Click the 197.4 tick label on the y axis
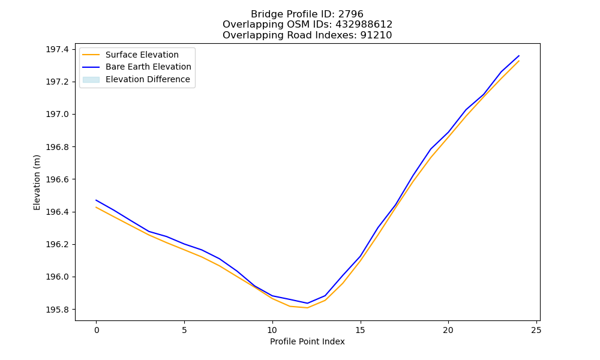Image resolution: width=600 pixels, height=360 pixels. click(58, 49)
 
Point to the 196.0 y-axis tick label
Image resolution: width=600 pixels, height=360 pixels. click(58, 277)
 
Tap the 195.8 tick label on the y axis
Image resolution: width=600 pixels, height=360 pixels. click(58, 310)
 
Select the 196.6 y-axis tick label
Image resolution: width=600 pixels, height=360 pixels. click(58, 179)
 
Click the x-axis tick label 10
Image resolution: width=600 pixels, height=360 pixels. click(272, 330)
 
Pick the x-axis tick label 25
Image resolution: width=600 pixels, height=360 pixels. click(536, 330)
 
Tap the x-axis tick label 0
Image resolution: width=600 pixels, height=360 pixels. click(97, 330)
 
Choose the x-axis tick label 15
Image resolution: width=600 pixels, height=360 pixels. click(360, 330)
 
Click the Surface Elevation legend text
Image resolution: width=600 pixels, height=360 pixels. click(142, 55)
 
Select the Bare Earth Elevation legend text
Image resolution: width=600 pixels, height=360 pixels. click(148, 67)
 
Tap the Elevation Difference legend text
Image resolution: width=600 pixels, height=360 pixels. click(148, 79)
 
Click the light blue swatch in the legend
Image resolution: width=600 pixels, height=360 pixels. click(91, 80)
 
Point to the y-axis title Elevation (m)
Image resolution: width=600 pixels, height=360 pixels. click(37, 182)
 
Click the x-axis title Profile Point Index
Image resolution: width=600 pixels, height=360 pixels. click(307, 341)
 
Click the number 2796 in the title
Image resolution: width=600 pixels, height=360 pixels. click(350, 14)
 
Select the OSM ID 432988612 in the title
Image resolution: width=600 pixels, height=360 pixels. click(364, 25)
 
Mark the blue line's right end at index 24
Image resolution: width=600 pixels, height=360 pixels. click(519, 55)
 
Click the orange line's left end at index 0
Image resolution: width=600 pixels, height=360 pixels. click(96, 208)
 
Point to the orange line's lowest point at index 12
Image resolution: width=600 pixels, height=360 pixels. click(307, 308)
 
